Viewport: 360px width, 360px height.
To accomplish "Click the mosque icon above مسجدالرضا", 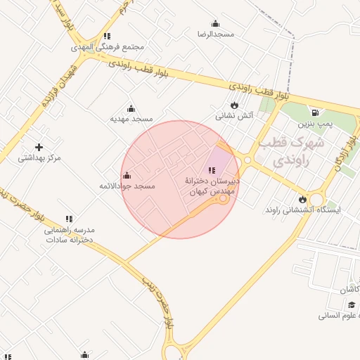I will click(215, 22).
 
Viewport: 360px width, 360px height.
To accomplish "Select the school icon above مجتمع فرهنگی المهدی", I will click(106, 36).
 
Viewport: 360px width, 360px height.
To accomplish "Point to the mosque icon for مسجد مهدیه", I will click(130, 108).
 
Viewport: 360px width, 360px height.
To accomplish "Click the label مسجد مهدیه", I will click(131, 119).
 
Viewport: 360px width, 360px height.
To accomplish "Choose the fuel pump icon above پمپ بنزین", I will click(314, 112).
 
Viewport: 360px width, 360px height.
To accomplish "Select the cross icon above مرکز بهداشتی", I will click(39, 147).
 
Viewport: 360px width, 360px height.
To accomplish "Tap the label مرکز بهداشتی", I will click(39, 157).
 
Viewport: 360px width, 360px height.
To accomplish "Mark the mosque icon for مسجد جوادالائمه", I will click(127, 175).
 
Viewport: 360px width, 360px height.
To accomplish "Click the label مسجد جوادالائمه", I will click(127, 186).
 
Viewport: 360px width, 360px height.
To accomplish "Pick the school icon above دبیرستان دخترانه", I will click(212, 170).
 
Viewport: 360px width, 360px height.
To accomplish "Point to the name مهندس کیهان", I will click(212, 191).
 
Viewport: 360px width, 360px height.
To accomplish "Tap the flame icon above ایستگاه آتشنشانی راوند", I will click(302, 199).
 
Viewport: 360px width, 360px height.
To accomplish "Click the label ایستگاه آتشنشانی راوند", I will click(302, 210).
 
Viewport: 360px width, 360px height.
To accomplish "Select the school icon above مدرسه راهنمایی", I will click(69, 219).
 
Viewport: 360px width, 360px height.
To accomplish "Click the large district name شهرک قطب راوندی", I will click(291, 151).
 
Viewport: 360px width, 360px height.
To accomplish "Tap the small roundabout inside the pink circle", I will click(224, 199).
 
